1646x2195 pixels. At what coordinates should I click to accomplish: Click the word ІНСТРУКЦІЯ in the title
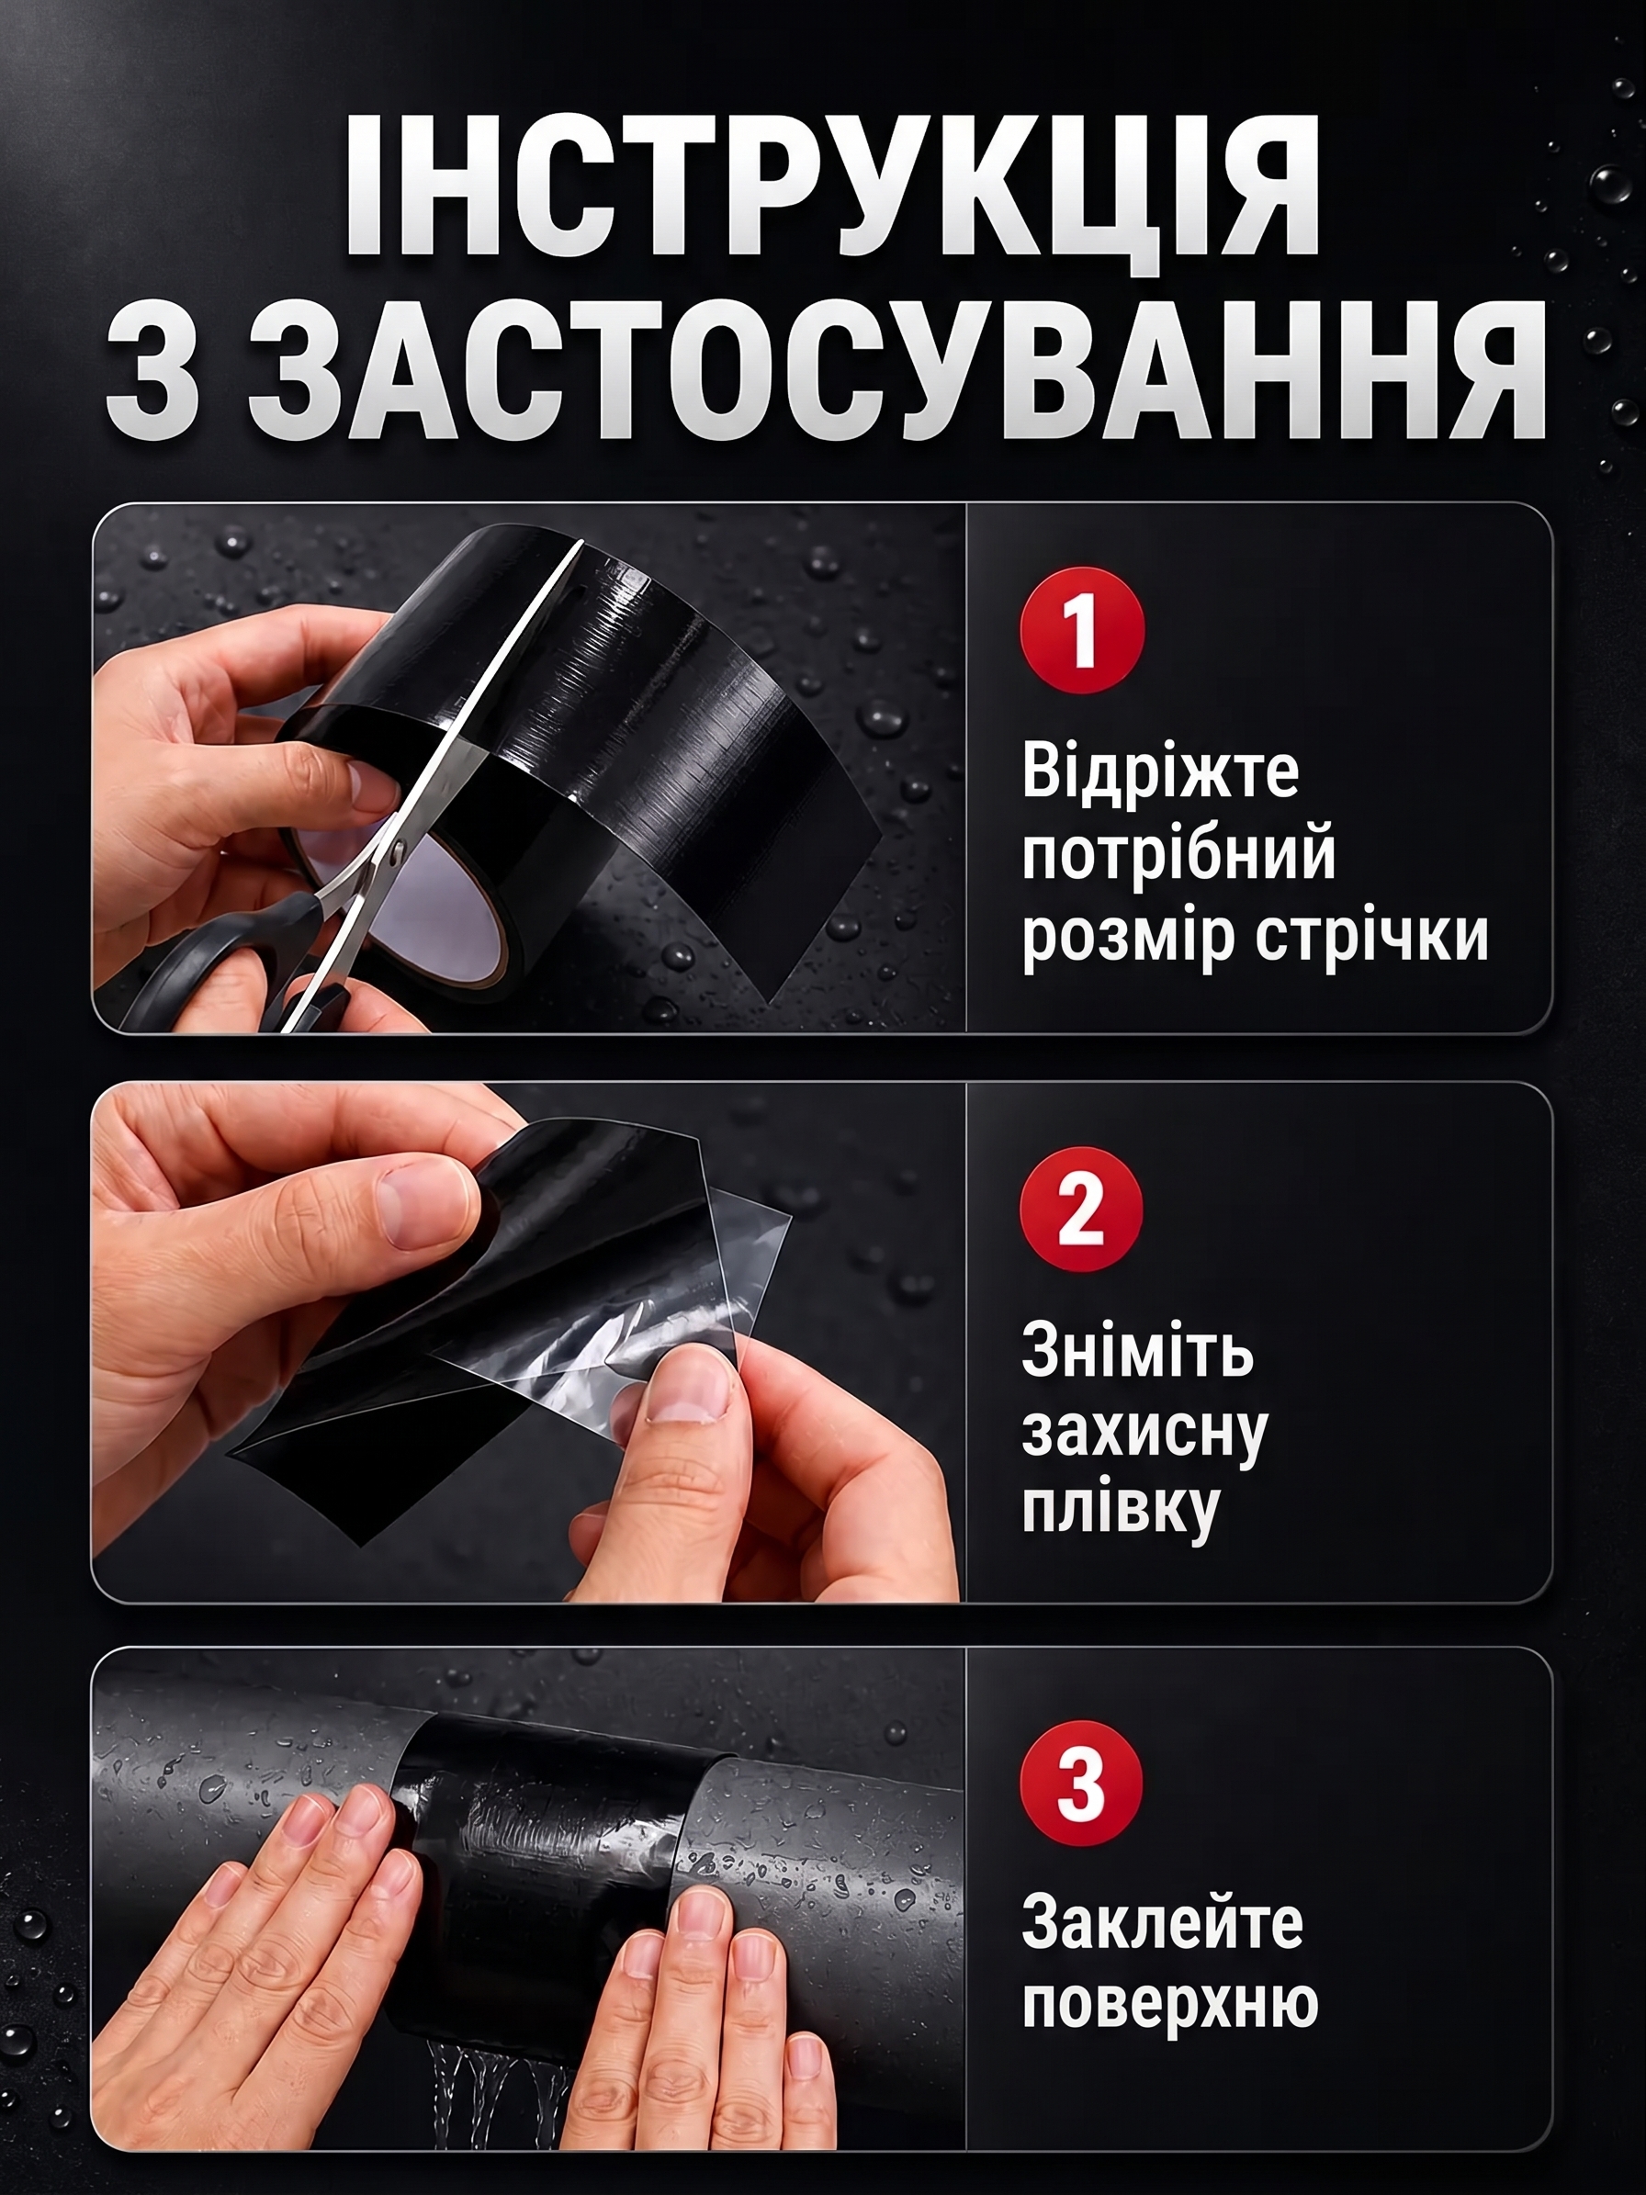click(x=831, y=186)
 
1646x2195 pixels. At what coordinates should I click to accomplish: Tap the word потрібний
click(x=1178, y=856)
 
